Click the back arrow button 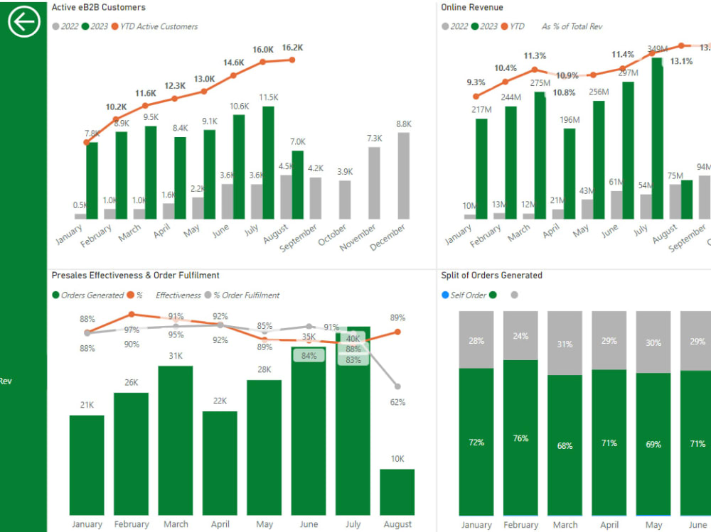[x=24, y=23]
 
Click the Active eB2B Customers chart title [x=98, y=7]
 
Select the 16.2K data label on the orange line [x=292, y=48]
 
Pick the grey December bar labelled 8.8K [x=403, y=175]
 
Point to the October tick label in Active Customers [x=333, y=235]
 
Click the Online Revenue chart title [x=471, y=7]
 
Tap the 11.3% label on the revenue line [x=535, y=56]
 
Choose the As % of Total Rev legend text [x=572, y=26]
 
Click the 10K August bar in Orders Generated [x=397, y=492]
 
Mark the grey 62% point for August [x=397, y=386]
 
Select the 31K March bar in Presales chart [x=176, y=440]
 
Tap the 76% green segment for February [x=521, y=438]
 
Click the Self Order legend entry [x=465, y=295]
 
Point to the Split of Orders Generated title [x=491, y=275]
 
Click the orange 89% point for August [x=397, y=332]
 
